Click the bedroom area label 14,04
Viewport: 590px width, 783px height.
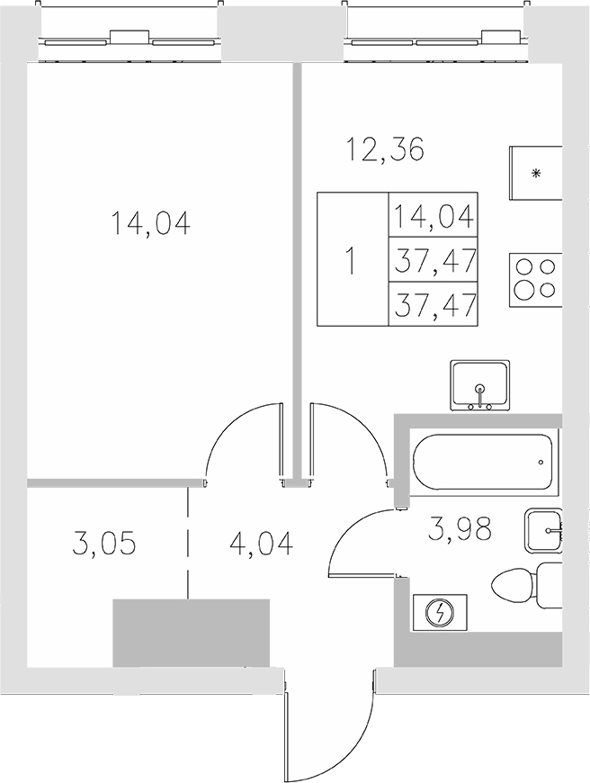(151, 222)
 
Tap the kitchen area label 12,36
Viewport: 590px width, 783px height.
(385, 148)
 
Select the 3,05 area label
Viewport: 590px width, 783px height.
(103, 544)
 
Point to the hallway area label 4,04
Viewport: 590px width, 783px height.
(260, 544)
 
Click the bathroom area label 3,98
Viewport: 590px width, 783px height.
(460, 530)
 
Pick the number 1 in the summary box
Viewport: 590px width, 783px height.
(352, 261)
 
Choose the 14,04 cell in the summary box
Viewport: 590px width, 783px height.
(434, 217)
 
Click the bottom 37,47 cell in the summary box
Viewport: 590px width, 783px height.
(434, 305)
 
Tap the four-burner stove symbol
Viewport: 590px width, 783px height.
(534, 279)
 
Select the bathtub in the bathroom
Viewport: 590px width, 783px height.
(483, 461)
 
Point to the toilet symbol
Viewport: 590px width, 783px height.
(526, 585)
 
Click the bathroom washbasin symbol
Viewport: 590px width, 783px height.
(543, 531)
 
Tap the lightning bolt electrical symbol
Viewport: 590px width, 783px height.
(441, 614)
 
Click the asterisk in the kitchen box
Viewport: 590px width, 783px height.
(537, 174)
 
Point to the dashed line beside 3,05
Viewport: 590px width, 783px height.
(188, 544)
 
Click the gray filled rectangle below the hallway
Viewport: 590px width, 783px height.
(191, 633)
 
